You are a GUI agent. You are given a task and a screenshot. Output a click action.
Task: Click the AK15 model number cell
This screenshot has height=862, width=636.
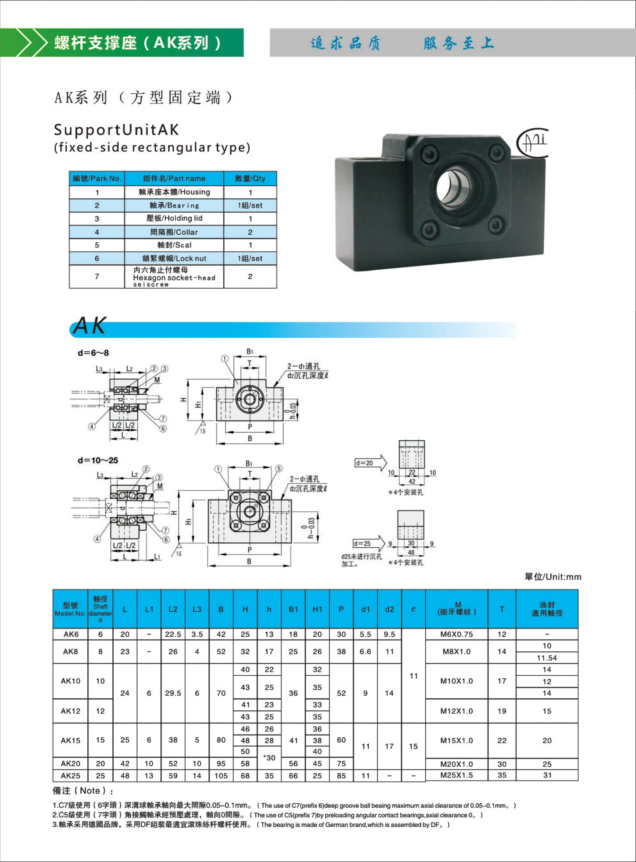tap(70, 740)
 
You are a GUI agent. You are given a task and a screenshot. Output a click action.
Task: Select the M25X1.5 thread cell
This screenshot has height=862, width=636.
tap(456, 775)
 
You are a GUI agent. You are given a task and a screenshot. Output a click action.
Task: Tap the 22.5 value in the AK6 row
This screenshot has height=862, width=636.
tap(173, 634)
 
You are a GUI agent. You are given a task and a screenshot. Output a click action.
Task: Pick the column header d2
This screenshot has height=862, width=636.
tap(389, 609)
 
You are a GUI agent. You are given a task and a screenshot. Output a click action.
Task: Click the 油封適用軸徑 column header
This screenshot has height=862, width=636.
tap(547, 609)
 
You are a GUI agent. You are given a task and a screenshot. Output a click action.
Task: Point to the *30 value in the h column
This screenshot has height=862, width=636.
tap(269, 758)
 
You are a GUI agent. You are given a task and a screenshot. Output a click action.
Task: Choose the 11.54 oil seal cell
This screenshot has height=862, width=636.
tap(547, 658)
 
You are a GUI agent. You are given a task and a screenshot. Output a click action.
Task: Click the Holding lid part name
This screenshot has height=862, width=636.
tap(174, 218)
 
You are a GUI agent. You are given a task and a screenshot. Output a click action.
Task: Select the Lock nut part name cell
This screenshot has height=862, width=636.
tap(174, 259)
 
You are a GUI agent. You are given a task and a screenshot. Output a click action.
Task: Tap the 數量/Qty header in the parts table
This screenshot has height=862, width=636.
tap(250, 179)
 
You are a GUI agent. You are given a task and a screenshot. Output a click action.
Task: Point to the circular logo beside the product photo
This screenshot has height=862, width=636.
tap(533, 143)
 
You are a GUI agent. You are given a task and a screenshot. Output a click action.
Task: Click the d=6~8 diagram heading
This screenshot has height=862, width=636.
tap(93, 353)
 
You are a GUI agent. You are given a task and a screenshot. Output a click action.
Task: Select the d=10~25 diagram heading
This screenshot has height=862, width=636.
tap(98, 460)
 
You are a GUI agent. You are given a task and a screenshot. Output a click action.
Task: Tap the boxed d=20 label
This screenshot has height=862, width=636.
tap(364, 463)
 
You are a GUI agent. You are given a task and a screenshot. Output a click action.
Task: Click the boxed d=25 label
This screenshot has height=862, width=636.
tap(362, 544)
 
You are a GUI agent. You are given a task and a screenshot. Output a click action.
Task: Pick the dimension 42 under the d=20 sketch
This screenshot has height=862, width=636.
tap(411, 481)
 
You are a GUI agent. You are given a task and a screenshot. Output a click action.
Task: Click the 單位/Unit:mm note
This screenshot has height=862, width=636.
tap(553, 577)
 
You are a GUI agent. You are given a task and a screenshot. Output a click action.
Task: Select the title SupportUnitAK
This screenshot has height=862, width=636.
tap(116, 129)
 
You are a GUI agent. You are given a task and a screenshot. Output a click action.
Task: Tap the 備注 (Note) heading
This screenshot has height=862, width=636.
tap(83, 791)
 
